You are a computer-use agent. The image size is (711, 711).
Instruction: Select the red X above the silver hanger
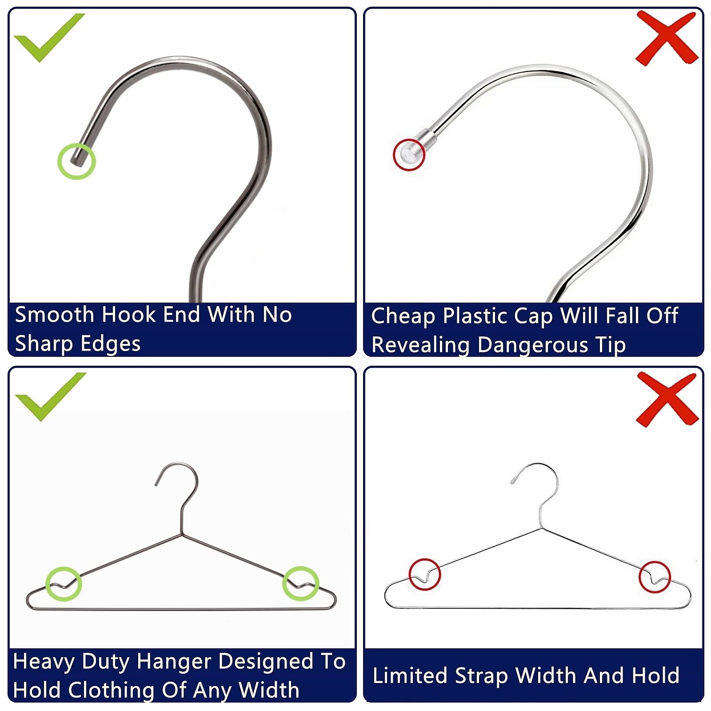(x=667, y=399)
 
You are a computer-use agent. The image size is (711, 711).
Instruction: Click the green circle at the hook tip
(x=76, y=161)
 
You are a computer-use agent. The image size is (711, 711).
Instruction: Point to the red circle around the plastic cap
(x=409, y=155)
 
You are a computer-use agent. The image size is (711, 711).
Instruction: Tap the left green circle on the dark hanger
(x=64, y=583)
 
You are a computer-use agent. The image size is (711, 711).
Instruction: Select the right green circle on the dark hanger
(x=301, y=583)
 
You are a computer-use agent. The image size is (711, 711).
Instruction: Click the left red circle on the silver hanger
(x=425, y=574)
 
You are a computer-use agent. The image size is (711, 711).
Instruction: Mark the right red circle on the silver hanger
(x=655, y=577)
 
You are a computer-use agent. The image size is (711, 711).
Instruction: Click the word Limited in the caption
(x=410, y=675)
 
